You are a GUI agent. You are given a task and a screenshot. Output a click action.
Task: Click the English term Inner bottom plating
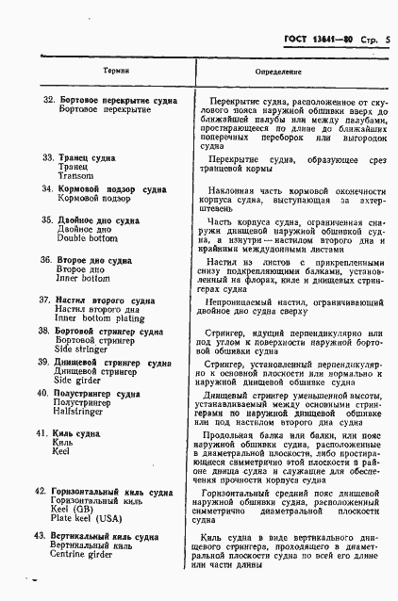pyautogui.click(x=99, y=317)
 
